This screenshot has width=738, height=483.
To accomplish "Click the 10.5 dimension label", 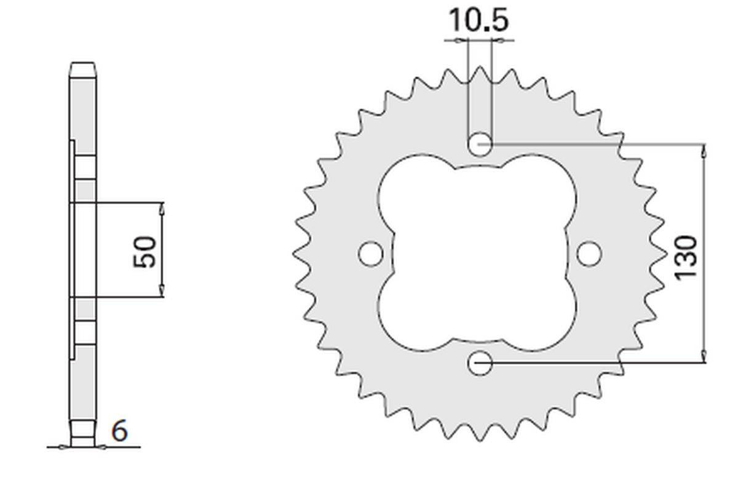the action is point(478,20).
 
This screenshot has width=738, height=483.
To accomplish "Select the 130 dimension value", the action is point(686,257).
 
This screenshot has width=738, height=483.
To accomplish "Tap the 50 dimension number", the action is point(145,252).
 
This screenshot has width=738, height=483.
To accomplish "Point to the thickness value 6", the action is point(119,431).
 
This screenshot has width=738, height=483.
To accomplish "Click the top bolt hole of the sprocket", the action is point(480,144).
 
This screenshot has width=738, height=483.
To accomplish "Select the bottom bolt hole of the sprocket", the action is point(480,363).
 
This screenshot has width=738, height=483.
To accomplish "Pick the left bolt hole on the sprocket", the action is point(371,253).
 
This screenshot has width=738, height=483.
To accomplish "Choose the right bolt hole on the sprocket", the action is point(589,253).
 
